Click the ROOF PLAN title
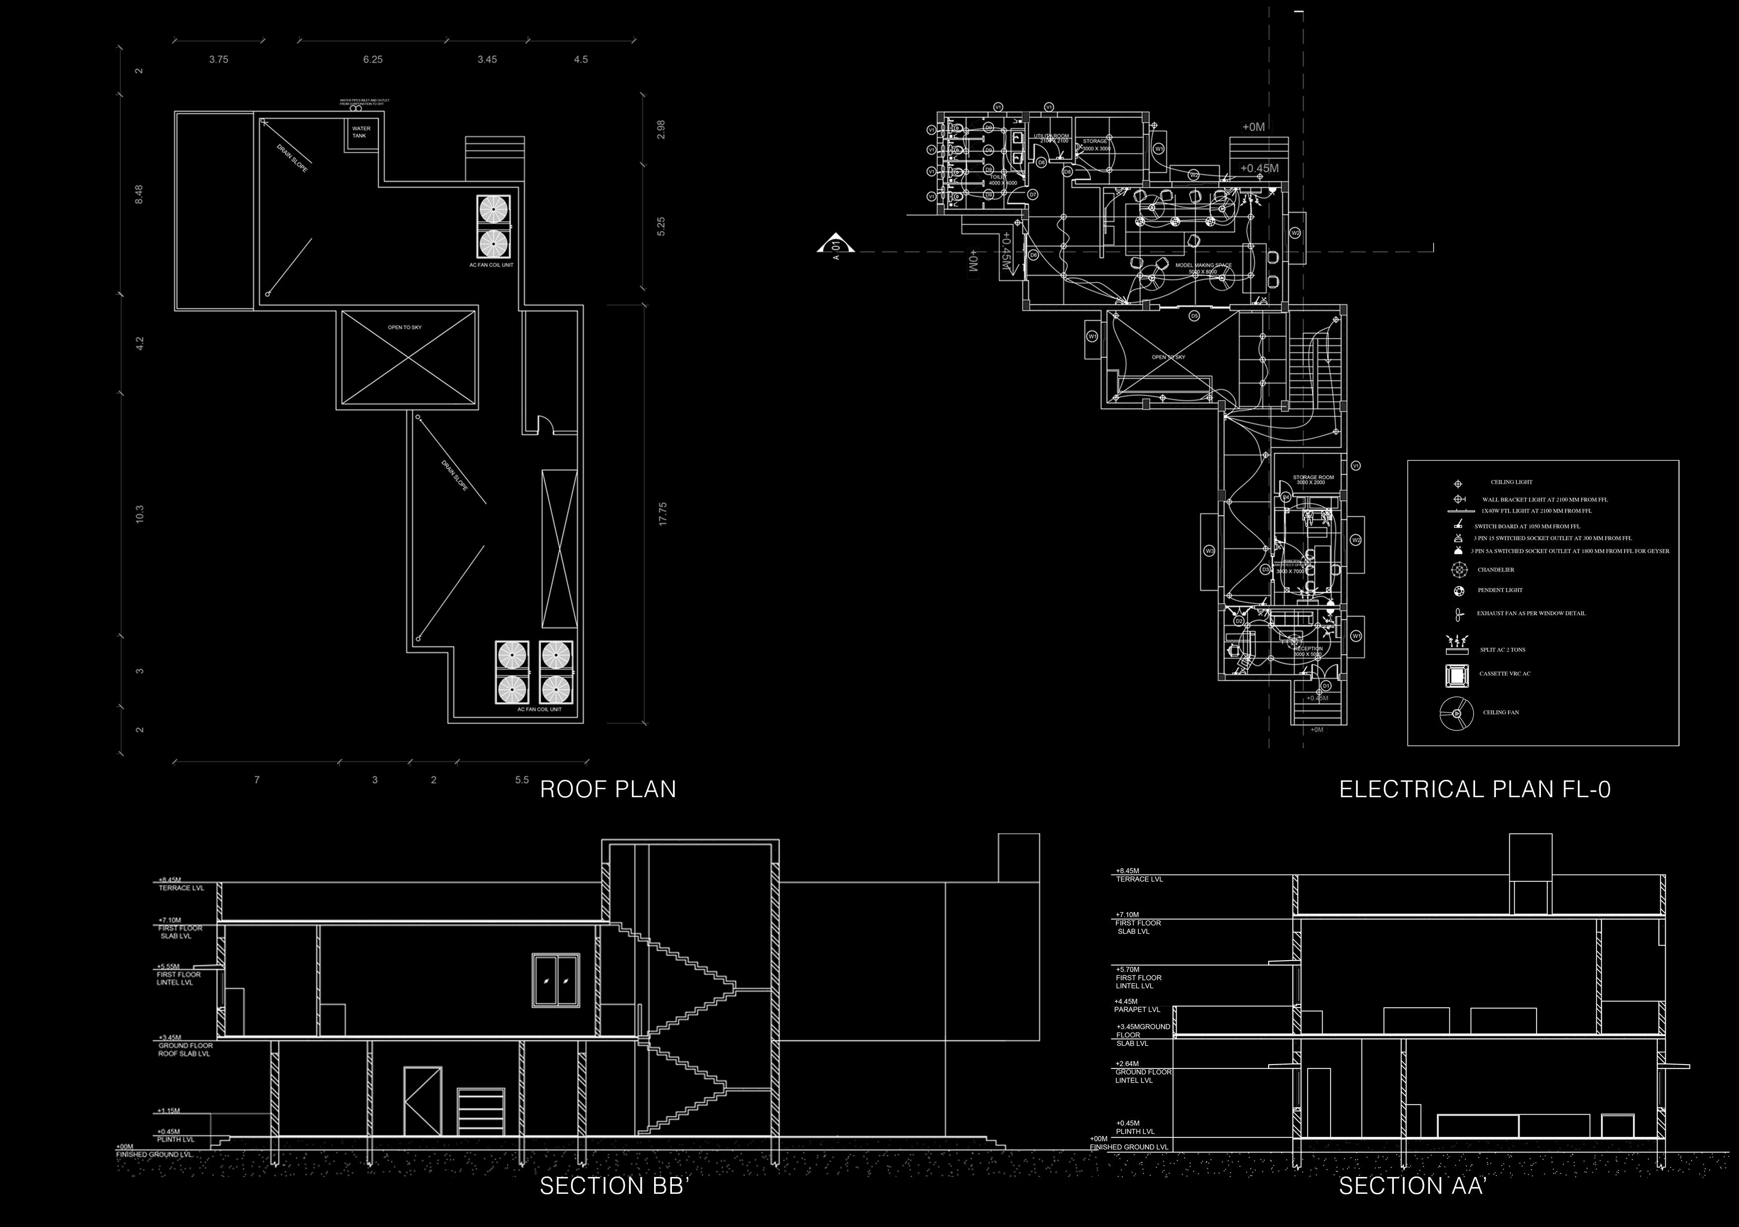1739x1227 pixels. (608, 789)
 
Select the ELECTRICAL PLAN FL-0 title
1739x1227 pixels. (1475, 789)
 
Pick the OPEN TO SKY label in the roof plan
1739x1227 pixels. (405, 327)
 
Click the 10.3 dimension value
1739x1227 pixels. (139, 514)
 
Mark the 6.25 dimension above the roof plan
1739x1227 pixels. (373, 59)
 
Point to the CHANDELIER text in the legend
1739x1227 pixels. (1496, 569)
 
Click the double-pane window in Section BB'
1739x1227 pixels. (556, 981)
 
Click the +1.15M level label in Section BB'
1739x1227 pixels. (169, 1111)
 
